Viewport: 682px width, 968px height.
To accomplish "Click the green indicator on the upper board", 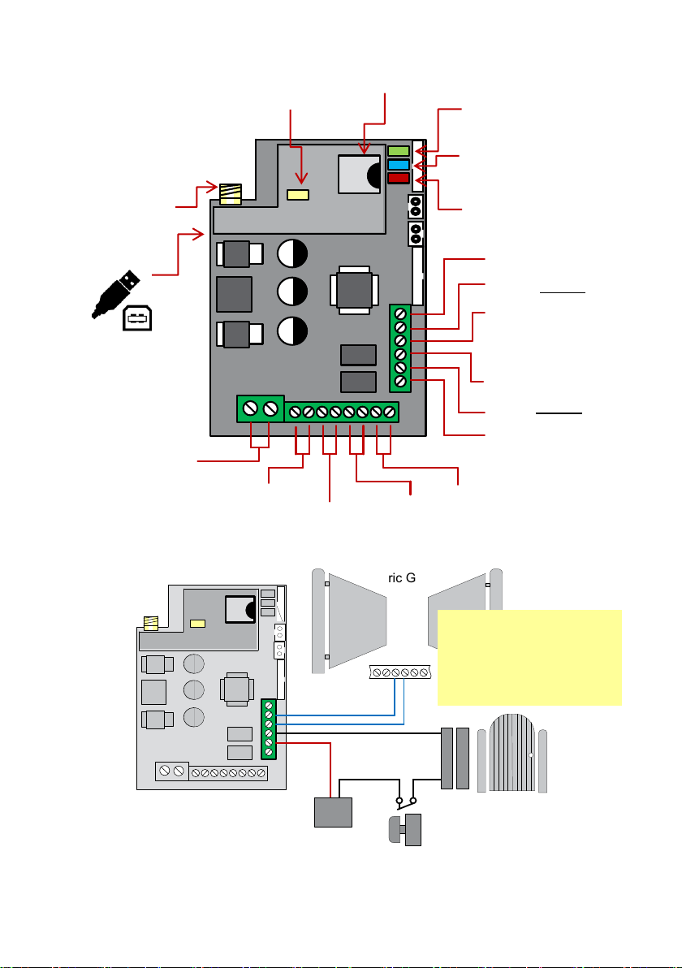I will pos(398,151).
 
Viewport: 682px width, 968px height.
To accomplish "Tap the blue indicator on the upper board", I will pos(398,164).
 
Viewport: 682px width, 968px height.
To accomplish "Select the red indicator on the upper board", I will pos(398,178).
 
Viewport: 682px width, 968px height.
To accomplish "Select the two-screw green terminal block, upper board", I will pos(260,408).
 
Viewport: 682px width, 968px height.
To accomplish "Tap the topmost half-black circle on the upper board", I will pos(292,254).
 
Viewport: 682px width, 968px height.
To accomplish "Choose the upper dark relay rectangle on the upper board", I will pos(358,355).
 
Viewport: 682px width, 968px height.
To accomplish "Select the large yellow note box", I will pos(529,657).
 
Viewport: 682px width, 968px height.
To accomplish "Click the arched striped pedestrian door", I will pos(514,751).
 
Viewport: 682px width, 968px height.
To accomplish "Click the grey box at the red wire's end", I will pos(334,812).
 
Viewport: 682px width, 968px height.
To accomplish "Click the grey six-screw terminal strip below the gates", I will pos(399,672).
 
